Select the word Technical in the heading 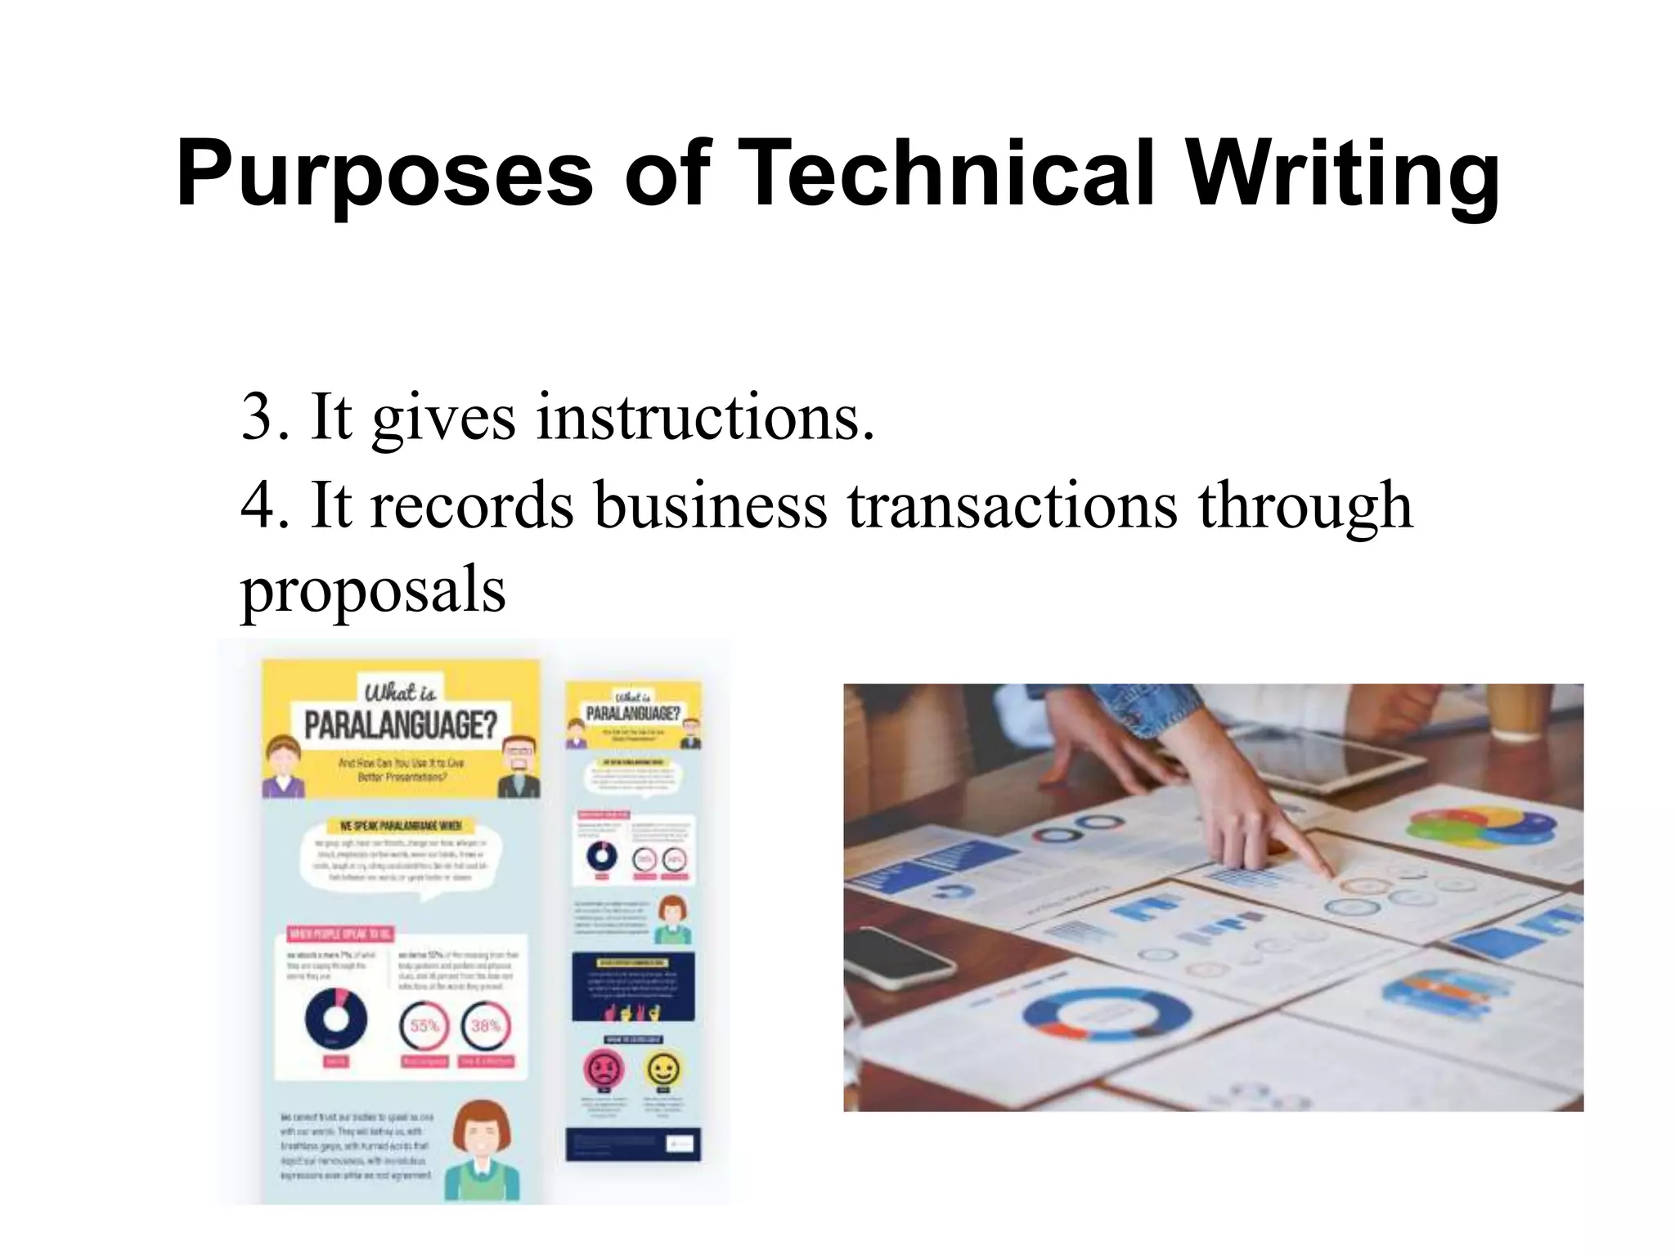(x=949, y=173)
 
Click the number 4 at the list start (x=258, y=505)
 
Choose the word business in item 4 (x=710, y=505)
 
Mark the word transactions (x=1012, y=505)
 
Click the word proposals (x=373, y=590)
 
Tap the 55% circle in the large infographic (x=424, y=1025)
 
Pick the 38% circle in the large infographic (x=486, y=1025)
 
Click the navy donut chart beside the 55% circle (x=335, y=1019)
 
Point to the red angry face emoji (x=604, y=1068)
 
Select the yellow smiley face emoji (x=662, y=1068)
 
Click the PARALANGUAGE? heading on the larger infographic (x=401, y=724)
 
